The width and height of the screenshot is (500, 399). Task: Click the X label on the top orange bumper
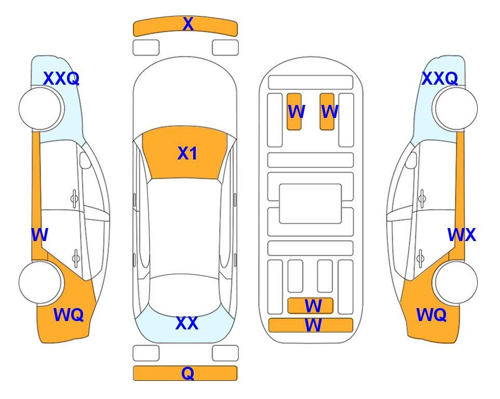188,24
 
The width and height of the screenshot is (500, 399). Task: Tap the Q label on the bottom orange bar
188,373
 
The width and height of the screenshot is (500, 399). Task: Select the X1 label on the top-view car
187,153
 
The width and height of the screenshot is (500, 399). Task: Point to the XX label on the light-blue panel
187,323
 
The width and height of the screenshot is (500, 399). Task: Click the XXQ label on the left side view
61,78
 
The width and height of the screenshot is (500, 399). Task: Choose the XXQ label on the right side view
440,78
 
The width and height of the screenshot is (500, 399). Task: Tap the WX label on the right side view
462,235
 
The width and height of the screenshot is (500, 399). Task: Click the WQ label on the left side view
69,315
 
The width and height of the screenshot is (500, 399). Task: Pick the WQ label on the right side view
431,315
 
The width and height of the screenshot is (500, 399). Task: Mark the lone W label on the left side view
39,235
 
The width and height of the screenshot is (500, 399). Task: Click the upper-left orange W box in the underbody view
294,112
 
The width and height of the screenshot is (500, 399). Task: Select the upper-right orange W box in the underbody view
327,112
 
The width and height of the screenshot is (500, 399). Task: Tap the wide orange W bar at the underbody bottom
310,325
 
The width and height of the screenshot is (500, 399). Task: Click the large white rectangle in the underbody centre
310,204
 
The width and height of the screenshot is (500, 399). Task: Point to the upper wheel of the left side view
40,109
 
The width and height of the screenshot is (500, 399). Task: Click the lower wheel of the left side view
40,282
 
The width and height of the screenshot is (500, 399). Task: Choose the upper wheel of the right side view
456,109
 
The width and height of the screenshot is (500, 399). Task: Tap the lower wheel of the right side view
456,282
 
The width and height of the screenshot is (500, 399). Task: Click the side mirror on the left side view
85,160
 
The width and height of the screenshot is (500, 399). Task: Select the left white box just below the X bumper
146,48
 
